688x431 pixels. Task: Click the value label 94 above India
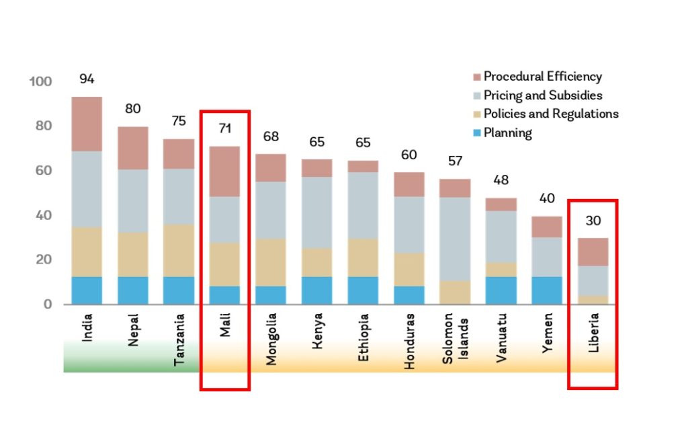click(87, 79)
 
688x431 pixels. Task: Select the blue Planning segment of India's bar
click(87, 290)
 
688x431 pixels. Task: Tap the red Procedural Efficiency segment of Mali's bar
click(224, 171)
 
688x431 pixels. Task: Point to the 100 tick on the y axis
click(41, 81)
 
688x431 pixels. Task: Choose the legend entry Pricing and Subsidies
click(542, 95)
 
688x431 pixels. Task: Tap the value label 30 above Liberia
click(592, 221)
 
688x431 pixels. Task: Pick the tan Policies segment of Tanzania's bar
click(178, 250)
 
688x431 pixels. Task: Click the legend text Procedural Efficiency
click(542, 77)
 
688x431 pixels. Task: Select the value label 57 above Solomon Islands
click(454, 161)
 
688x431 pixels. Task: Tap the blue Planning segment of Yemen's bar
click(546, 290)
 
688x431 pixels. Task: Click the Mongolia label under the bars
click(271, 338)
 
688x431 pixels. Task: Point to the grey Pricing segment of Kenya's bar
click(316, 212)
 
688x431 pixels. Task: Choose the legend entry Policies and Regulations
click(550, 114)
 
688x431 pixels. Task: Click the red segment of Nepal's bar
click(133, 148)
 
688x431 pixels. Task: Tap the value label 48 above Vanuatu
click(500, 181)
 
